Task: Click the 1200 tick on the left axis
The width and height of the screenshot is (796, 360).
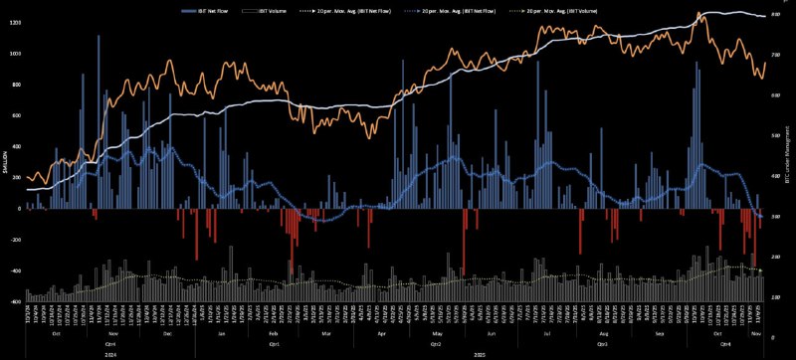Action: [x=15, y=22]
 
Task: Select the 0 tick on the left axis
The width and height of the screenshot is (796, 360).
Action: [x=19, y=209]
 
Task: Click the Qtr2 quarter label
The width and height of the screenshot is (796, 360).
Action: [x=435, y=343]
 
